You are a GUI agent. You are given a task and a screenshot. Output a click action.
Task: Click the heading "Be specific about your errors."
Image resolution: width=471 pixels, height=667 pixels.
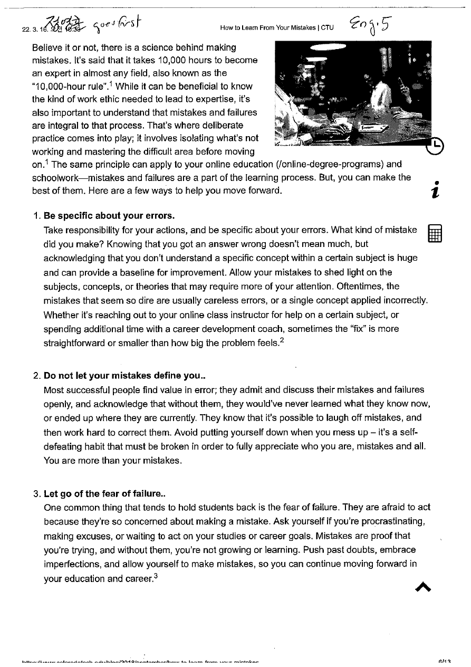point(109,216)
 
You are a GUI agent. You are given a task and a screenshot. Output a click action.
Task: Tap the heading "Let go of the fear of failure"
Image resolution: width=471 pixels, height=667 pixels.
point(104,494)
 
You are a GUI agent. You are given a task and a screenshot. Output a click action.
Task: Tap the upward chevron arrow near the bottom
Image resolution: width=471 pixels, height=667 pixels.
point(423,587)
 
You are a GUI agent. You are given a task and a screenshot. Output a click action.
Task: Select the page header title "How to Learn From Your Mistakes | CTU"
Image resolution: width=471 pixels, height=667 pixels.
point(277,28)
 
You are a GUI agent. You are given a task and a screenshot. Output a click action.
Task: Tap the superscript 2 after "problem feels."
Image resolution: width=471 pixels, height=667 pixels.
point(283,340)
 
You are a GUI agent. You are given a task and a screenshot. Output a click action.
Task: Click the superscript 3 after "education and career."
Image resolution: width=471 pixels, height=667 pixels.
point(158,575)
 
